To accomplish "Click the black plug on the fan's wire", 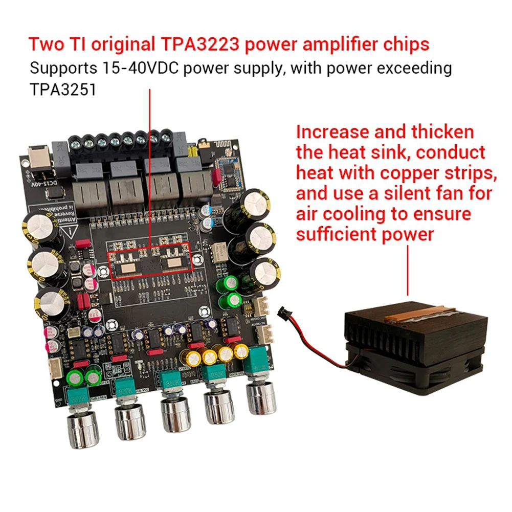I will tap(283, 311).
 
